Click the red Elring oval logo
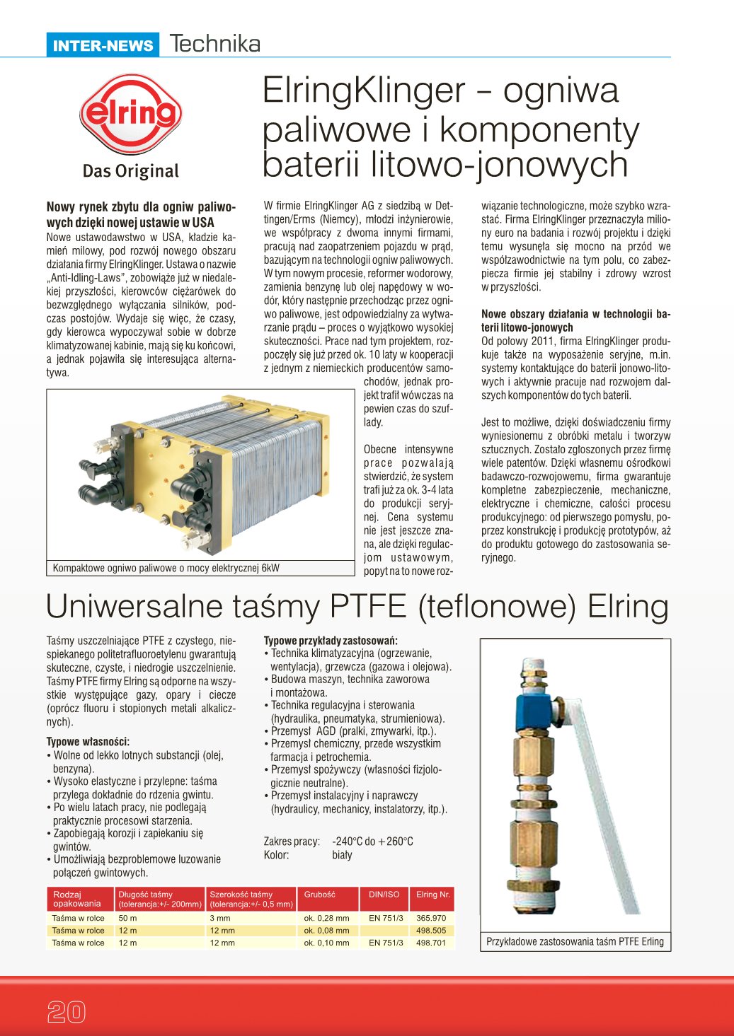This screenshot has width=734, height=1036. point(131,115)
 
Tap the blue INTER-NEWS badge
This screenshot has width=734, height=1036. point(103,46)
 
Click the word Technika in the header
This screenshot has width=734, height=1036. point(215,44)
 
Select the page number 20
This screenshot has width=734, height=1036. point(66,1012)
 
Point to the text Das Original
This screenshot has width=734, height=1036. point(131,171)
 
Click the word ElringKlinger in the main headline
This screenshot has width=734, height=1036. point(364,91)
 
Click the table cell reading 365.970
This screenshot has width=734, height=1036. point(431,918)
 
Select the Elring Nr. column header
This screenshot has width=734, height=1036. point(432,895)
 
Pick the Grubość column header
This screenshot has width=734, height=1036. point(320,895)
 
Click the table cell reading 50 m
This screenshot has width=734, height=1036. point(128,918)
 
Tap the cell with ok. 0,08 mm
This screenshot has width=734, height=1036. point(326,931)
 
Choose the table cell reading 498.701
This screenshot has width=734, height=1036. point(431,943)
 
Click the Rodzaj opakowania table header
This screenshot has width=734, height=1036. point(77,899)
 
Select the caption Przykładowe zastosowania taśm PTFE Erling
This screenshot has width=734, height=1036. point(575,942)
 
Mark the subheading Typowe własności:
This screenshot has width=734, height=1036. point(88,742)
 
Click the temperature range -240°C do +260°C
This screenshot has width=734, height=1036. point(372,842)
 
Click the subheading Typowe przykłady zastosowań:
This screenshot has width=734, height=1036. point(331,641)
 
